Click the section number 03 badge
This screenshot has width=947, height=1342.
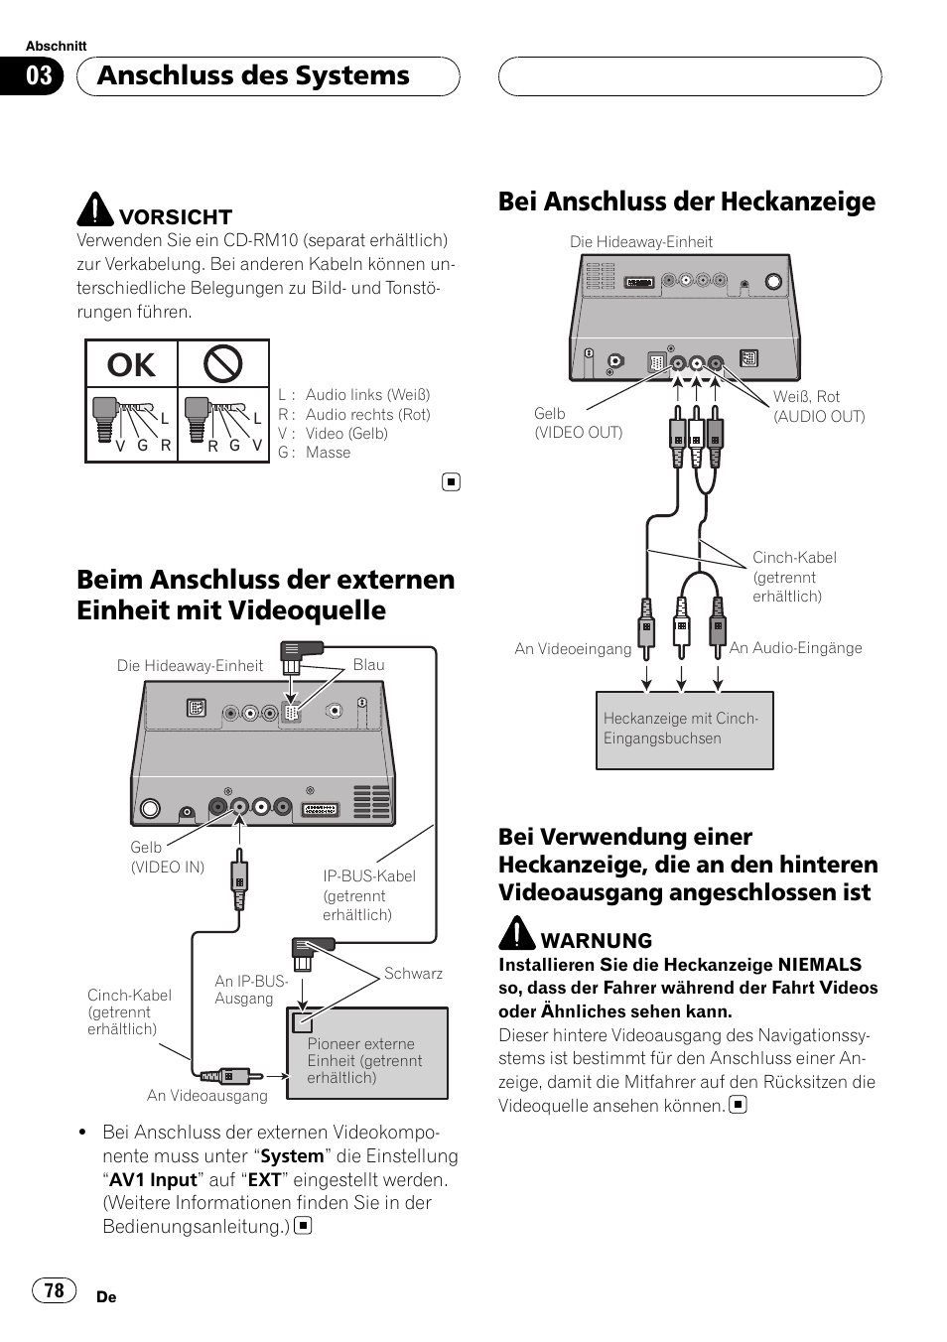point(39,76)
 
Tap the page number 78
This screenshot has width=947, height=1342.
point(54,1289)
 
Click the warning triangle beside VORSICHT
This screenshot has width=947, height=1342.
point(95,209)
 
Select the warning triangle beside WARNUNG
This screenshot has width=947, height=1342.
point(517,933)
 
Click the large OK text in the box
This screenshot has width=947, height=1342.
point(132,365)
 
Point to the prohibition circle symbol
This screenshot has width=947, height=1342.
point(222,364)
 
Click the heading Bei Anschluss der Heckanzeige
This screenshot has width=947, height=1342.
point(687,201)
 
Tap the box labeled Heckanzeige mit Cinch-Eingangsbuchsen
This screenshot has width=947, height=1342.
point(684,730)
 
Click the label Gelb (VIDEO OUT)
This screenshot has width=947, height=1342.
point(578,423)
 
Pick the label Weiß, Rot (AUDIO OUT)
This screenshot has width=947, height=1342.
point(819,407)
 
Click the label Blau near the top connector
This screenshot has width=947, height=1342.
point(368,665)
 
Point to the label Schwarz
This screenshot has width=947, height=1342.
point(413,974)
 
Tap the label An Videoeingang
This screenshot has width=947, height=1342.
point(573,649)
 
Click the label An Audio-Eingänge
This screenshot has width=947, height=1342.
point(795,648)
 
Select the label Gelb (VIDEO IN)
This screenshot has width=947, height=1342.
point(167,857)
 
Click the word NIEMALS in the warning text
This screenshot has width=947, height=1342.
point(819,965)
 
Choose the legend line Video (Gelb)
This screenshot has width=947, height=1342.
point(345,434)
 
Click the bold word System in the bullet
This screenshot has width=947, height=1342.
point(292,1156)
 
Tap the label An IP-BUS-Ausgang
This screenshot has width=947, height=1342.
point(251,990)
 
